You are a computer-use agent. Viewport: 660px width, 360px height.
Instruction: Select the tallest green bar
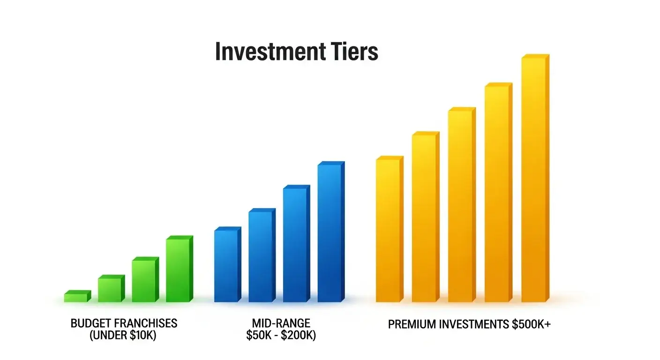click(179, 270)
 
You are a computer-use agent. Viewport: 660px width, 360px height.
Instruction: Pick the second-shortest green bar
click(111, 289)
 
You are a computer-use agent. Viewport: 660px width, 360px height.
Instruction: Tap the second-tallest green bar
click(145, 280)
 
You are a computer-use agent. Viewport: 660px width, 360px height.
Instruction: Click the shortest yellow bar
click(389, 230)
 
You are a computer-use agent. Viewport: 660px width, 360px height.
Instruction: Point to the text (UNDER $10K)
click(123, 336)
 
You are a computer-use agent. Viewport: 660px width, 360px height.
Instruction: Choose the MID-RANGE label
click(281, 323)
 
